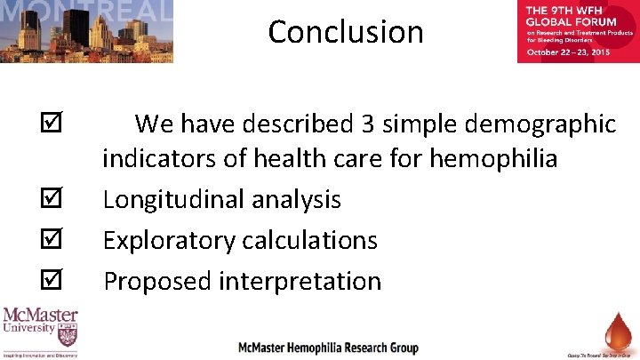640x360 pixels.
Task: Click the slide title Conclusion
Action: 346,32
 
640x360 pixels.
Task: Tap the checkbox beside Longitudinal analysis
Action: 52,200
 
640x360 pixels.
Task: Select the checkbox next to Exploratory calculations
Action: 52,240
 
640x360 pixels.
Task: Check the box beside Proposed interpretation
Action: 52,281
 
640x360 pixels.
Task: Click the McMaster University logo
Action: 40,332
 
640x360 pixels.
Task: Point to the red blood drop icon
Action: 612,330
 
